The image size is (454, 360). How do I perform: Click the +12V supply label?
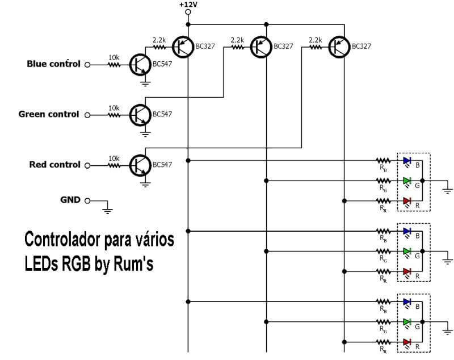188,5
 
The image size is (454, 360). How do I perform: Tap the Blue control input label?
53,64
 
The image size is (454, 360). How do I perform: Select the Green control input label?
49,114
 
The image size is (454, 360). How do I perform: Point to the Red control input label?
54,165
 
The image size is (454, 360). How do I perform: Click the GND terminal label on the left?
72,200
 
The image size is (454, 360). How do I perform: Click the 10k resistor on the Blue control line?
115,64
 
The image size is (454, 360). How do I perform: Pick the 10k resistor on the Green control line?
115,114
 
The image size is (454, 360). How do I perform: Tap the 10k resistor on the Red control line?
115,165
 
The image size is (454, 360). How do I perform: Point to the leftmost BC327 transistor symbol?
183,47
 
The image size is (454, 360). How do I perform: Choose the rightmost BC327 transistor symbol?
340,47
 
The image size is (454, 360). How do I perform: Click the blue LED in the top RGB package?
406,161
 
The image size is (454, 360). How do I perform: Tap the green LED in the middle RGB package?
406,251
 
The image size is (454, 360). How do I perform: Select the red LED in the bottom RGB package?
406,341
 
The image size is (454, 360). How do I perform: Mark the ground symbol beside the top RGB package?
448,190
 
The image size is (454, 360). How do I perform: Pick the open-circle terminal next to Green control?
87,115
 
